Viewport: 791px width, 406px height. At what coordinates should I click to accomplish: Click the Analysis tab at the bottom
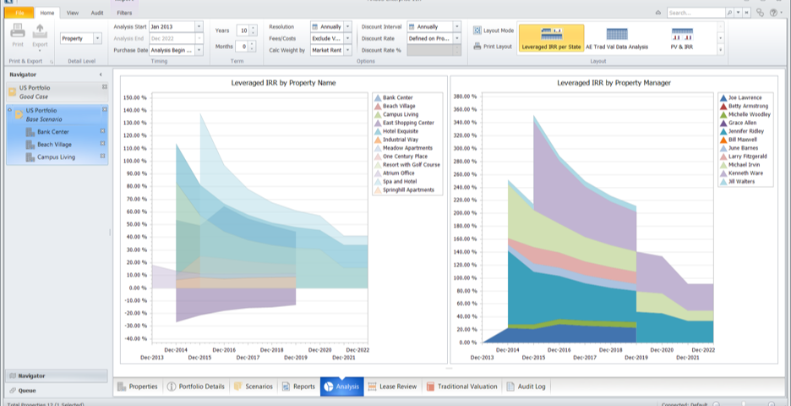click(342, 387)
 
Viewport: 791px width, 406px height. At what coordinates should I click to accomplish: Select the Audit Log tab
click(527, 387)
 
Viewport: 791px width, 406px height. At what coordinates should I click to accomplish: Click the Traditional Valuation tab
click(462, 387)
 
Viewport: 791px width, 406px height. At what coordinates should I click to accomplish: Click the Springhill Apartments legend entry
click(408, 190)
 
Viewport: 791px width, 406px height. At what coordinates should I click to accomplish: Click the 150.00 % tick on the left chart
click(135, 97)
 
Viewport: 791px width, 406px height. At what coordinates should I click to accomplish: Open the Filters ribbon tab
click(124, 14)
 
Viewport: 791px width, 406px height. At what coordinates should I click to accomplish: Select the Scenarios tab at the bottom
click(254, 387)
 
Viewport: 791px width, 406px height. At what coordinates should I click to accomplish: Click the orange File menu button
click(19, 14)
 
